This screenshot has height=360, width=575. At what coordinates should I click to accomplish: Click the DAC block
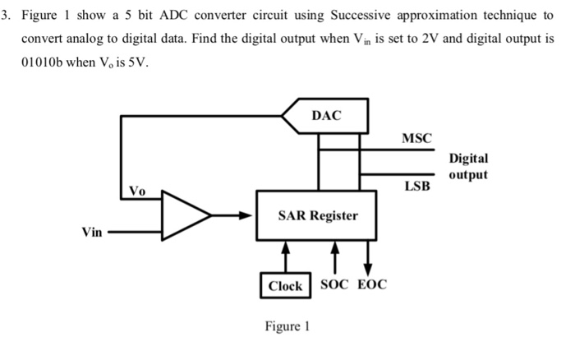pyautogui.click(x=327, y=116)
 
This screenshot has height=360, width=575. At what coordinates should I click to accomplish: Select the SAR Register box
pyautogui.click(x=317, y=215)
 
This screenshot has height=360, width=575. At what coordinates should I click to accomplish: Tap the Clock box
pyautogui.click(x=285, y=286)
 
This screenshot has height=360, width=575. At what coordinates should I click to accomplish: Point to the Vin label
pyautogui.click(x=91, y=233)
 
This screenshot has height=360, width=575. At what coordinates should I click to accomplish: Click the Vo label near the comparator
pyautogui.click(x=137, y=192)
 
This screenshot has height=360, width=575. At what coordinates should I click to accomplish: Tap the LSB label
pyautogui.click(x=416, y=187)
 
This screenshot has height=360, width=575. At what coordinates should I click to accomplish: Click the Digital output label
pyautogui.click(x=468, y=166)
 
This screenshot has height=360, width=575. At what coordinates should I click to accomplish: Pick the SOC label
pyautogui.click(x=334, y=285)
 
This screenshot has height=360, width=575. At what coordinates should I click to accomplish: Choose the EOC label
pyautogui.click(x=370, y=285)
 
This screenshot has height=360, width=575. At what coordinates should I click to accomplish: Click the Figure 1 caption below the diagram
pyautogui.click(x=287, y=326)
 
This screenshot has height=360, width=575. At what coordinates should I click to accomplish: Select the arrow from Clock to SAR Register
pyautogui.click(x=284, y=255)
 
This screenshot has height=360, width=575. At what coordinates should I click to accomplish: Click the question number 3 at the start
pyautogui.click(x=6, y=16)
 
